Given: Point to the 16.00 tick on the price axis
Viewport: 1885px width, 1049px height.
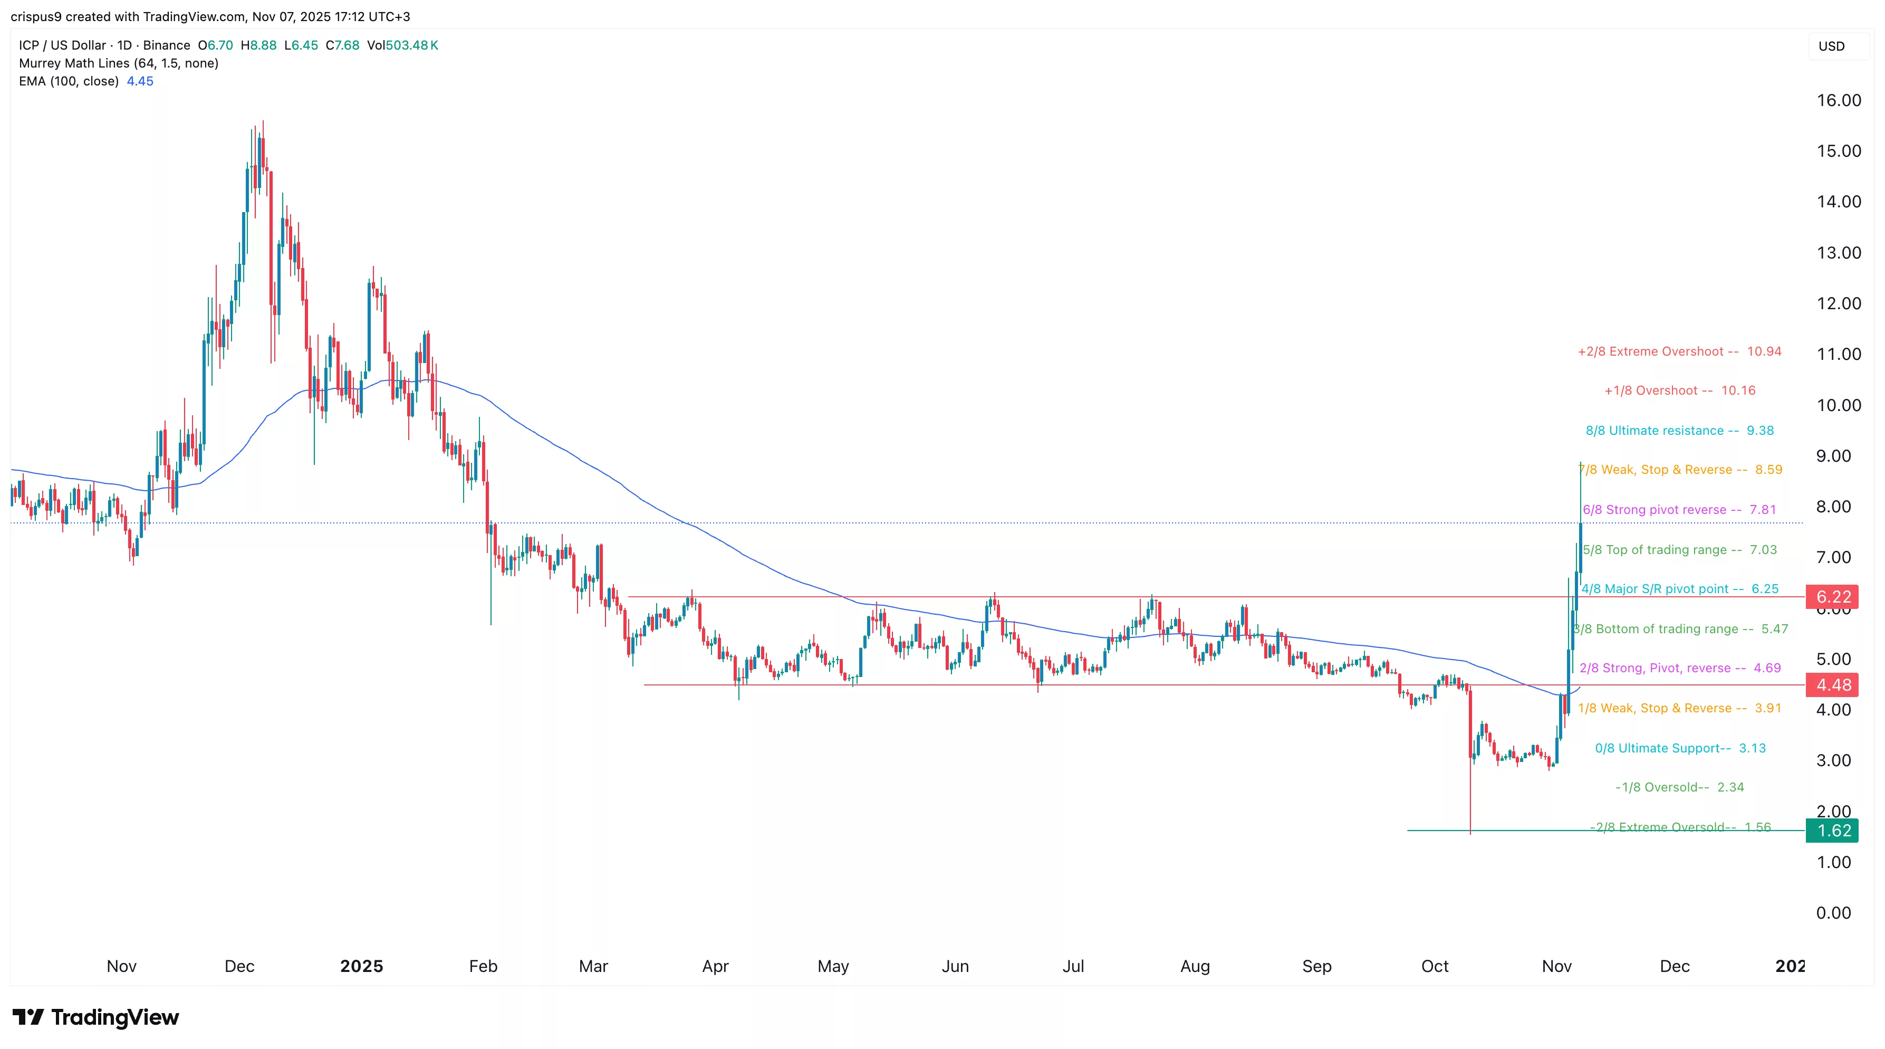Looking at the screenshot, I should [x=1838, y=100].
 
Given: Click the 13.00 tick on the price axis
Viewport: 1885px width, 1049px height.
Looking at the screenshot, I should [x=1838, y=253].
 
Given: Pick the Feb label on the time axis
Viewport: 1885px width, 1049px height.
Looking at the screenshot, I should [x=483, y=966].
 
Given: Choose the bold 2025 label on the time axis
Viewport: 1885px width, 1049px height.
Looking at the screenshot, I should [x=361, y=966].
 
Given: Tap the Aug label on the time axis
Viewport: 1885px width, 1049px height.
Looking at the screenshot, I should [x=1195, y=966].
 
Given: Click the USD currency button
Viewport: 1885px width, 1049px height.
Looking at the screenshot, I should [x=1832, y=46].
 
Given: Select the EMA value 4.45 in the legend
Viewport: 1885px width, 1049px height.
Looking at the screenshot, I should [x=140, y=81].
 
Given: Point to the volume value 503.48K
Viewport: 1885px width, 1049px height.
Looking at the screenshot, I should [x=411, y=45].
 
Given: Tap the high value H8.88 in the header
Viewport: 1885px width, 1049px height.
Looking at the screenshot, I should [x=258, y=45].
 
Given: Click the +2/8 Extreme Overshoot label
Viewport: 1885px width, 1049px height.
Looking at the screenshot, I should [x=1679, y=351].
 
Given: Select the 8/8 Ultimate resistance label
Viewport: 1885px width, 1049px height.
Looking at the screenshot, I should [x=1679, y=431].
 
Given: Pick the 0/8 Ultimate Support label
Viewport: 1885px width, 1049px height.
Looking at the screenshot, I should [x=1680, y=748].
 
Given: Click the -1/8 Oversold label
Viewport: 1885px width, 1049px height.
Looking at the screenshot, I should [x=1679, y=787].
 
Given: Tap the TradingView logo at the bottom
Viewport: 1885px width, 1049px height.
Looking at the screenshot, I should [x=96, y=1017].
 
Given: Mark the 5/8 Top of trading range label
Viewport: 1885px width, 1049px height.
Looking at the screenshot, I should [x=1679, y=550].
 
